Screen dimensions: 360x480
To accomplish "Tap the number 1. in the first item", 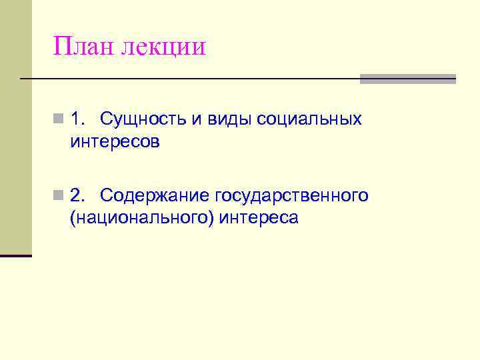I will tap(78, 119).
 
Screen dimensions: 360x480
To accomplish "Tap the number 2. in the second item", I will tap(78, 195).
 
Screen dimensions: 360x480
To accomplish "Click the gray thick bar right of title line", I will tap(407, 79).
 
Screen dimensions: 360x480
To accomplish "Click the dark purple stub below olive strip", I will tap(16, 255).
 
